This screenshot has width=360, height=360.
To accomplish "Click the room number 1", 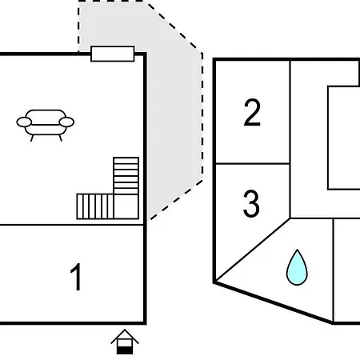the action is click(76, 277).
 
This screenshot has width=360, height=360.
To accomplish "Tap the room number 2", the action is click(252, 112).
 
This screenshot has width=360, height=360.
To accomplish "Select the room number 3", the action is click(251, 204).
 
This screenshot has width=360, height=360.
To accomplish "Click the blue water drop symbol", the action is click(297, 267).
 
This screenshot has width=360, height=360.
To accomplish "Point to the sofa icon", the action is click(46, 125).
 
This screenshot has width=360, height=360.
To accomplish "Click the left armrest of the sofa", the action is click(24, 122).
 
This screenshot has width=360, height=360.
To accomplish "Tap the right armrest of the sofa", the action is click(66, 122).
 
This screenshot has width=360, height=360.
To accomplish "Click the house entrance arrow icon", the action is click(125, 342).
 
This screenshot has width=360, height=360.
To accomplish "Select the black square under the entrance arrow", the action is click(125, 350).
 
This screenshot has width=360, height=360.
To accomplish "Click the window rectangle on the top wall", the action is click(113, 54).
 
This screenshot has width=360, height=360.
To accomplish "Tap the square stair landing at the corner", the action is click(126, 206).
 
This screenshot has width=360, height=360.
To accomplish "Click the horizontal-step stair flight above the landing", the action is click(126, 176).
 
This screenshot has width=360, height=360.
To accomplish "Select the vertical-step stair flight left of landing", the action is click(95, 206).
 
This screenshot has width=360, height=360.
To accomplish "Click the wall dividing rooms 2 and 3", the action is click(253, 163).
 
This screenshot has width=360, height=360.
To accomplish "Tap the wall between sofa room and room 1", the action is click(72, 225).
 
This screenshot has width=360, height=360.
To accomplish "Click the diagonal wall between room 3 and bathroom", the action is click(253, 250).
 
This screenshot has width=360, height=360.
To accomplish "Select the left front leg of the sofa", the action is click(32, 138).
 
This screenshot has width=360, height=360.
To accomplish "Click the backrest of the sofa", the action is click(46, 117).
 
